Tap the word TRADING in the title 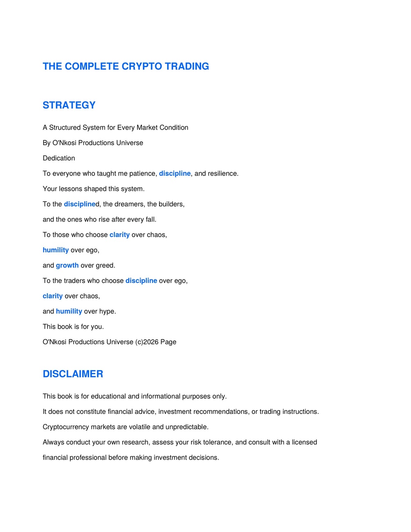(x=187, y=66)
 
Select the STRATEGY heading (x=69, y=105)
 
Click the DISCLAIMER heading (x=73, y=374)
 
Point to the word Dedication (x=59, y=158)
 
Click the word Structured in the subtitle (x=65, y=128)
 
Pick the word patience (x=142, y=173)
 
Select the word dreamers (x=129, y=204)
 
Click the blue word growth (x=67, y=265)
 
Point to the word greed (x=105, y=265)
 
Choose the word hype (x=107, y=312)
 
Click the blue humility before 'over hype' (x=69, y=312)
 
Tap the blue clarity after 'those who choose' (x=119, y=235)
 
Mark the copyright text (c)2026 (x=146, y=342)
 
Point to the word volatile (x=139, y=427)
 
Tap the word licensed (x=304, y=442)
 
